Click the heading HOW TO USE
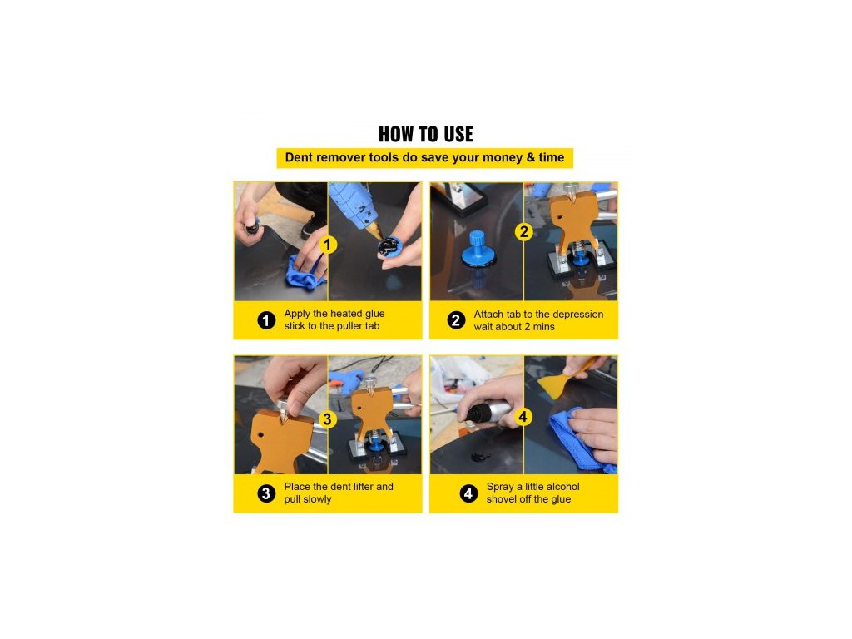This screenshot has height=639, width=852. click(425, 134)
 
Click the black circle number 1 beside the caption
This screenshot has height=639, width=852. click(266, 320)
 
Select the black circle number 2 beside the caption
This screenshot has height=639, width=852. click(456, 320)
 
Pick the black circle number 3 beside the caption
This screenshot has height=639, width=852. click(266, 493)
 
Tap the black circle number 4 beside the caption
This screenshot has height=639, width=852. click(468, 493)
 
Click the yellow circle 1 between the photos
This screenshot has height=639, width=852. click(327, 245)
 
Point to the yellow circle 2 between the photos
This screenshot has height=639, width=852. click(524, 232)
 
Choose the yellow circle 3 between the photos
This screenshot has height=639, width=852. click(327, 419)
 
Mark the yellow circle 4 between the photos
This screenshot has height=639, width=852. click(523, 417)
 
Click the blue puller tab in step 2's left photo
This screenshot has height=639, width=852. click(478, 250)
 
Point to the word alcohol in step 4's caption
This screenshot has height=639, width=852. click(560, 486)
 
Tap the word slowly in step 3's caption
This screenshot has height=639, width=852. click(316, 499)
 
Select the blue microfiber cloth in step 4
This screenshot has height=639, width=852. click(581, 440)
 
